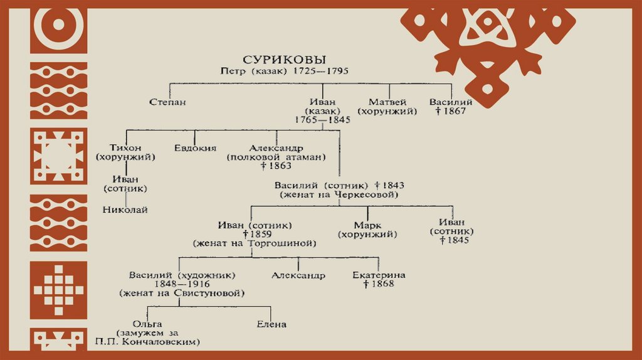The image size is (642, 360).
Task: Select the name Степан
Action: pos(168,102)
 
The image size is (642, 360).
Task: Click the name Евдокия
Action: pos(195,148)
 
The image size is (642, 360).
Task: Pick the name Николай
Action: pos(125,209)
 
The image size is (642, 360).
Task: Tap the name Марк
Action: pos(367,225)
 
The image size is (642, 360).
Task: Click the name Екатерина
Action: pos(379,275)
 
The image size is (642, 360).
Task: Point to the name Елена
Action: pos(271,324)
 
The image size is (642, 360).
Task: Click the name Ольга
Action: pos(149,323)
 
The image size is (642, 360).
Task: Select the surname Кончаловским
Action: pos(171,342)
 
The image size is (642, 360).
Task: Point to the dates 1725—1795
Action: pos(315,71)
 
